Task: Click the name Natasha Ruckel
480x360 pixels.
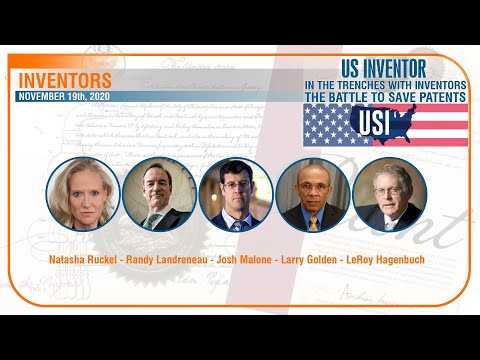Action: click(83, 260)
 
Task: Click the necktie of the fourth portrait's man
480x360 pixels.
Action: click(313, 221)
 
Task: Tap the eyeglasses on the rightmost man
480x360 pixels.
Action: click(390, 187)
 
